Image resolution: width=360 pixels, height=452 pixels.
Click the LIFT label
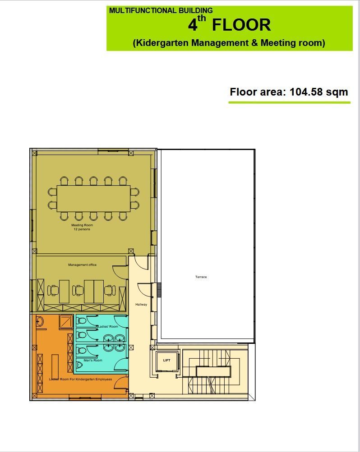[x=167, y=360]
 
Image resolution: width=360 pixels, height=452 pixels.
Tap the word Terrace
[x=201, y=277]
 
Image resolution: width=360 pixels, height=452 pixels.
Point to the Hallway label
[x=141, y=304]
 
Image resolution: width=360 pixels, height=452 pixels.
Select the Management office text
[x=82, y=265]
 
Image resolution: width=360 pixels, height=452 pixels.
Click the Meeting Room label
[x=82, y=225]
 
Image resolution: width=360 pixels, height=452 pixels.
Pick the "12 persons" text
[x=82, y=229]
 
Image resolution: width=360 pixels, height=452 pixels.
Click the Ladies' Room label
[x=108, y=326]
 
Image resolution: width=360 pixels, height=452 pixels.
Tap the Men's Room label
[x=93, y=361]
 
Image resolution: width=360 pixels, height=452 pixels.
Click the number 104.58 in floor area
[x=306, y=92]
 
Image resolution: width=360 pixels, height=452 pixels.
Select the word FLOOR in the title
[x=241, y=25]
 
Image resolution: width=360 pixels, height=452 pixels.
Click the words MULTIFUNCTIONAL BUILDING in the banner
[x=161, y=11]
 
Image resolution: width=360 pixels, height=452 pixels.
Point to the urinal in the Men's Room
[x=79, y=365]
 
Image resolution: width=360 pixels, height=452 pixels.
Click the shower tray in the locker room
[x=66, y=322]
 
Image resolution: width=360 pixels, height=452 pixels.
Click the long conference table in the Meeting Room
[x=93, y=198]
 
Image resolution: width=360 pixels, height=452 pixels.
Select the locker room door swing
[x=121, y=382]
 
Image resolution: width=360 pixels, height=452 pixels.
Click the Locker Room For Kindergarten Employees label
[x=80, y=379]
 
